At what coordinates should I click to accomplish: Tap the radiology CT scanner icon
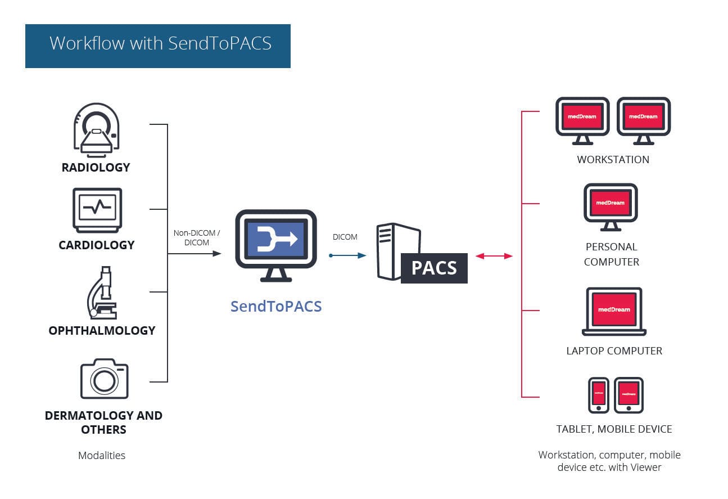click(x=97, y=129)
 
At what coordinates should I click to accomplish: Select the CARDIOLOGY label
click(x=97, y=245)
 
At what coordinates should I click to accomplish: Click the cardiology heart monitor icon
click(x=97, y=210)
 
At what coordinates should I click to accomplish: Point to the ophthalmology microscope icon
click(x=101, y=293)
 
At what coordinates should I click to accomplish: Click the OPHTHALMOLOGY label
click(x=102, y=330)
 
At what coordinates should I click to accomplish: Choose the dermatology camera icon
click(x=104, y=379)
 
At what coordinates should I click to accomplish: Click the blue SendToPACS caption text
click(x=276, y=306)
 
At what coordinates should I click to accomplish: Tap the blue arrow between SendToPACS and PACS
click(x=348, y=255)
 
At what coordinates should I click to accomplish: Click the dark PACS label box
click(x=434, y=268)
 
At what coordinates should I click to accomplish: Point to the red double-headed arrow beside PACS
click(x=494, y=256)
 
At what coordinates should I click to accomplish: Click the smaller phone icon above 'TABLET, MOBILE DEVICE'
click(x=598, y=394)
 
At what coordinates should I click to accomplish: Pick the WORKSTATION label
click(x=613, y=159)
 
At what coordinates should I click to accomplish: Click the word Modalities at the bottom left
click(x=102, y=455)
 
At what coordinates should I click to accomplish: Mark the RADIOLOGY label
click(x=96, y=167)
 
